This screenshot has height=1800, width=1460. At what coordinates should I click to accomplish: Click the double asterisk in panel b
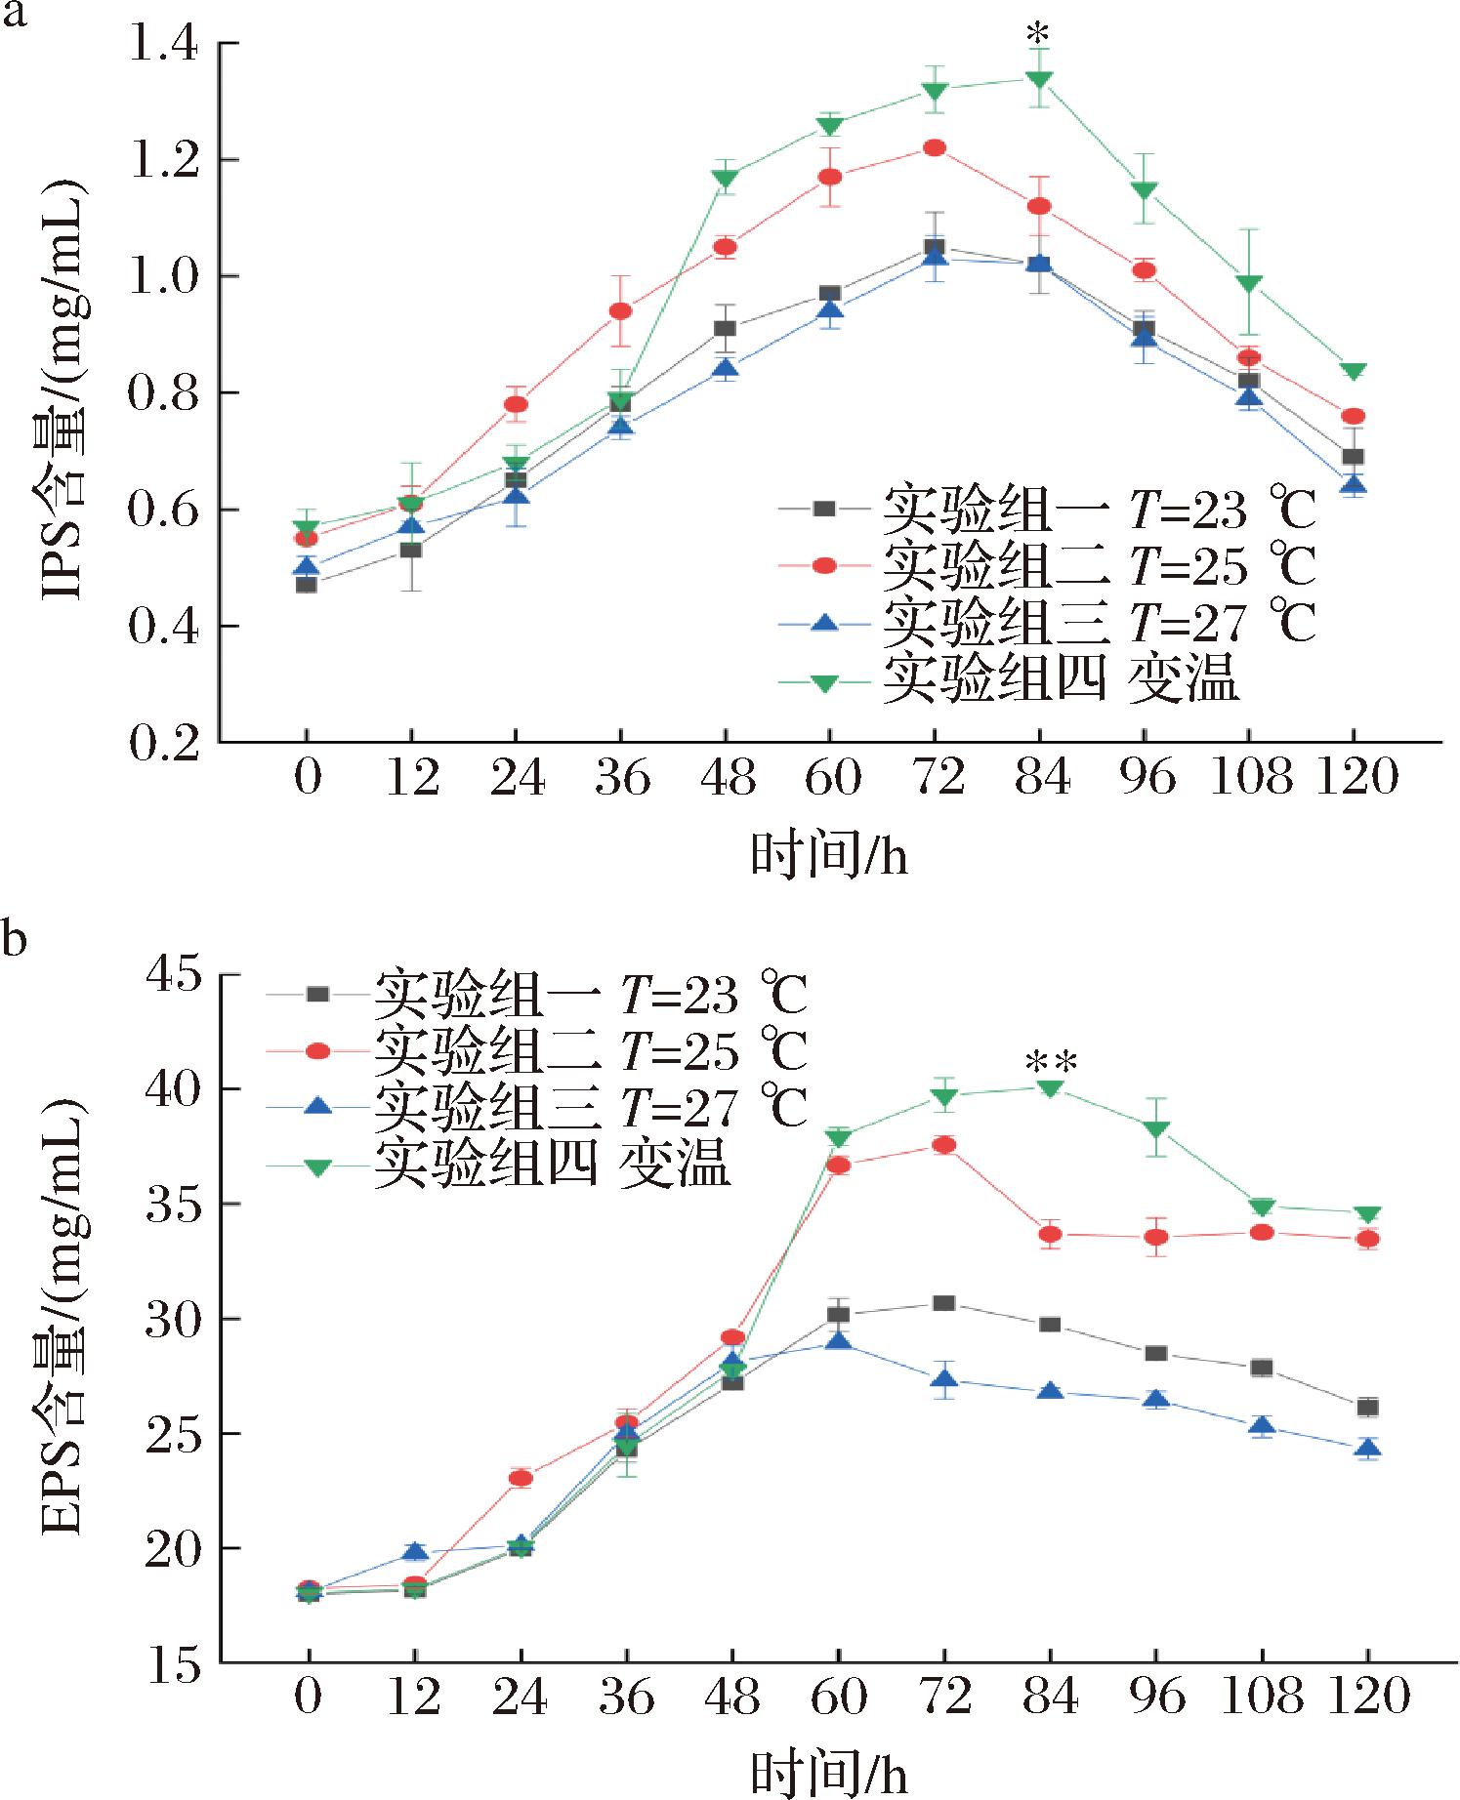(1050, 1062)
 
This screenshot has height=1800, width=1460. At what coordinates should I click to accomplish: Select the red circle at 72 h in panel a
(934, 147)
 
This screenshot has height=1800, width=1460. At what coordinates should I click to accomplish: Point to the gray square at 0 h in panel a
(306, 585)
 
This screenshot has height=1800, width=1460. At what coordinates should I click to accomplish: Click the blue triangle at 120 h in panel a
(1354, 484)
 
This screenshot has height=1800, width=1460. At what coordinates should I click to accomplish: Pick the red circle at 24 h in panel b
(521, 1478)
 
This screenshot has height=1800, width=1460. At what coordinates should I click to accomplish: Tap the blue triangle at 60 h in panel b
(838, 1342)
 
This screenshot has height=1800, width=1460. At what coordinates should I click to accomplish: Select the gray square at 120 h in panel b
(1368, 1407)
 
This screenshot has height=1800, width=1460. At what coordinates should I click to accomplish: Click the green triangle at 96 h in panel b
(1156, 1129)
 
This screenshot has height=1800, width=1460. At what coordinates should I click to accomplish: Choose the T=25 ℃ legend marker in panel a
(824, 564)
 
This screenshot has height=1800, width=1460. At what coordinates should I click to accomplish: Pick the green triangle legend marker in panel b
(317, 1166)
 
